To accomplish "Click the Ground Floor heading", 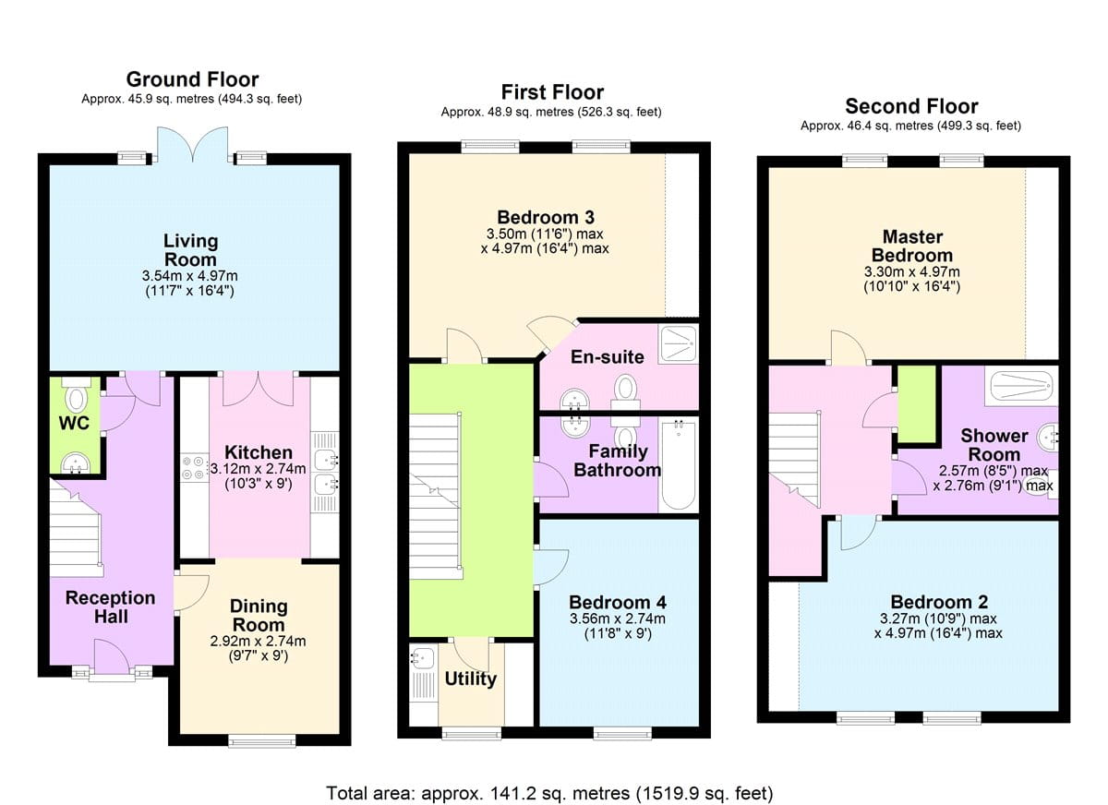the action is coord(192,79).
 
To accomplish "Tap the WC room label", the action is coord(74,423).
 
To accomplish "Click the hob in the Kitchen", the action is coord(193,468).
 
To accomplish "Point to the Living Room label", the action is coord(190,250).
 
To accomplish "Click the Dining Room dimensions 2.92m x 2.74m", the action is coord(258,642).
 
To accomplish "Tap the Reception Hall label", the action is coord(111,607).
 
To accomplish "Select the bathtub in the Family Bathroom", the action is coord(678,464).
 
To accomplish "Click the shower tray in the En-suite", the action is coord(678,344).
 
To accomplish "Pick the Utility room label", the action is coord(470,679).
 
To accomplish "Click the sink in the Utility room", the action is coord(423,658).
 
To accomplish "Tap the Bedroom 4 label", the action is coord(618,602).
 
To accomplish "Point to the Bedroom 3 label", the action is coord(546,217).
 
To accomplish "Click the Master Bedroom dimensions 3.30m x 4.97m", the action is coord(911,271).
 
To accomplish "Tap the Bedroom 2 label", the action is coord(939,602).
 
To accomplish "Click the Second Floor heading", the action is coord(911,106).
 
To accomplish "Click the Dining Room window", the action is coord(262,739).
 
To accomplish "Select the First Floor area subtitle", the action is coord(551,113).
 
